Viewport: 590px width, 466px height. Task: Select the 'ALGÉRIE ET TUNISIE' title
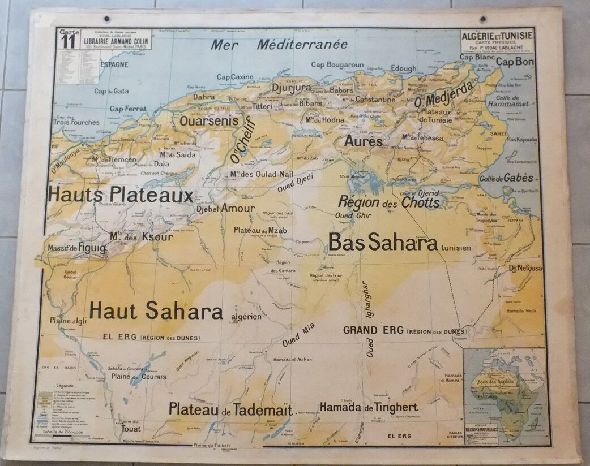pyautogui.click(x=497, y=36)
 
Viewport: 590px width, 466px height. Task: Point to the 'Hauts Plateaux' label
pyautogui.click(x=121, y=195)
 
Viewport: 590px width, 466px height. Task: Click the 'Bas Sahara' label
pyautogui.click(x=383, y=243)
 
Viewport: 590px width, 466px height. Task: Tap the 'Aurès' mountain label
pyautogui.click(x=363, y=141)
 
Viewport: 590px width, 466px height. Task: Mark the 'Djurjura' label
pyautogui.click(x=292, y=88)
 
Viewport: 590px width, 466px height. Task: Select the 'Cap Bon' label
pyautogui.click(x=515, y=62)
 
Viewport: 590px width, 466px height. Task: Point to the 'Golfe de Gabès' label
pyautogui.click(x=507, y=178)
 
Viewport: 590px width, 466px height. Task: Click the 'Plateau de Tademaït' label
pyautogui.click(x=230, y=409)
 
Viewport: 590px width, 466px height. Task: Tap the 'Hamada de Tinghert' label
pyautogui.click(x=369, y=407)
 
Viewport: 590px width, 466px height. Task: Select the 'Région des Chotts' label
pyautogui.click(x=388, y=202)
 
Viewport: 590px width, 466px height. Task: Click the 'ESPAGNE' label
pyautogui.click(x=114, y=64)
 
